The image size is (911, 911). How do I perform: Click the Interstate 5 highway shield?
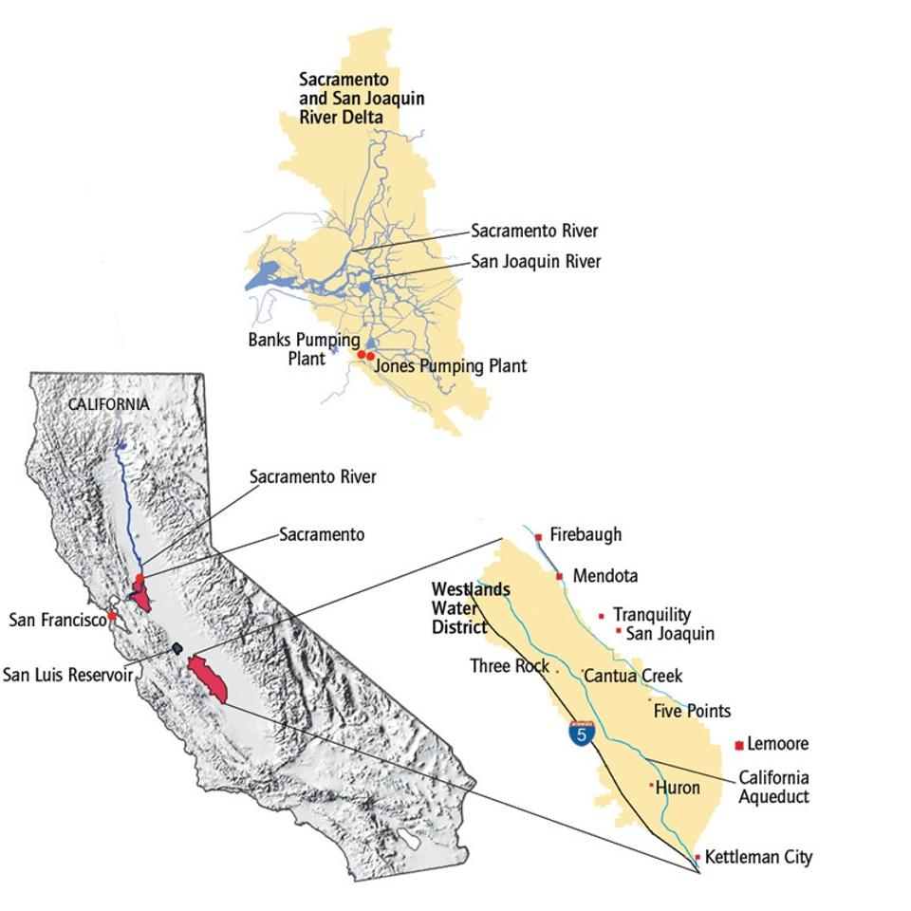click(583, 733)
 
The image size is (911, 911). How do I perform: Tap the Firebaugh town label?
click(586, 535)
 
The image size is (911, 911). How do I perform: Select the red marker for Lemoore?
click(739, 745)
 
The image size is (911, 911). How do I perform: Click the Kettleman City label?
click(758, 857)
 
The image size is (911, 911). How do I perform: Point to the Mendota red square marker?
click(560, 576)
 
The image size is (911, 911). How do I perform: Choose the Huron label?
click(678, 788)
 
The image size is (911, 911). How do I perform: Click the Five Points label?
click(692, 711)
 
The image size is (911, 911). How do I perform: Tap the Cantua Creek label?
click(633, 676)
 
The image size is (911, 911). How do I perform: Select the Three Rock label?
click(510, 666)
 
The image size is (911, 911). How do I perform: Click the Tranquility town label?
click(652, 615)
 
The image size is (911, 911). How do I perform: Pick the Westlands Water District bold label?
click(471, 607)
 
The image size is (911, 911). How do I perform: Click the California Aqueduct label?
click(774, 788)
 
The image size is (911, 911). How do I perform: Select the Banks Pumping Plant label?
click(304, 348)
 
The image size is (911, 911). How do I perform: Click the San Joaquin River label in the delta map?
click(536, 261)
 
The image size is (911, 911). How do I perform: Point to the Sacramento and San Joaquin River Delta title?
click(362, 98)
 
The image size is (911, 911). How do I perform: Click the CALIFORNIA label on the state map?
click(108, 404)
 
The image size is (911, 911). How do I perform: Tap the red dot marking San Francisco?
click(112, 616)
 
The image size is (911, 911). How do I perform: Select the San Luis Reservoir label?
click(67, 675)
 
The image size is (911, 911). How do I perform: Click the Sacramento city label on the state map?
click(321, 534)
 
